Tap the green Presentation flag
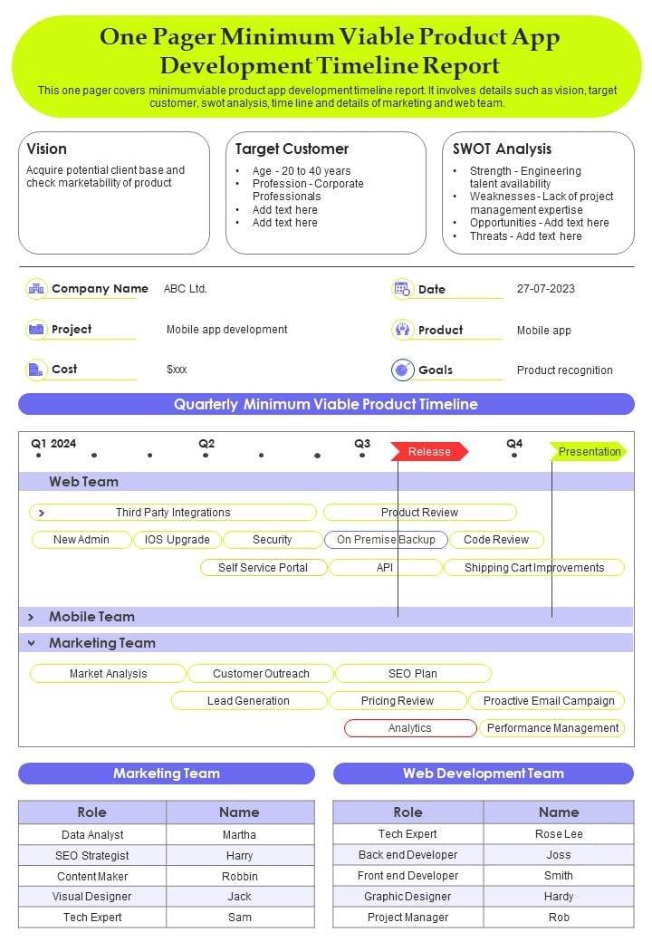point(589,451)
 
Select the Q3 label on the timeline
point(362,444)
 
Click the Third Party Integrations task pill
point(173,513)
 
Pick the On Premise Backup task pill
point(386,540)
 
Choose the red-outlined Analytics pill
point(410,728)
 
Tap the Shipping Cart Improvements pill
point(534,568)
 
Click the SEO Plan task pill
point(413,674)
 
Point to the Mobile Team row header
point(91,617)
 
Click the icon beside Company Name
point(36,289)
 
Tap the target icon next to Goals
point(402,370)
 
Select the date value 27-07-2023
point(546,289)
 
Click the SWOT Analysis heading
point(502,149)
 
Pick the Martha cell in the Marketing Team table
point(239,835)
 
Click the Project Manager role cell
point(407,918)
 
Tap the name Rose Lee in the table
point(559,834)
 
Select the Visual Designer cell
point(91,897)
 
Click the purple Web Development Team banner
point(484,774)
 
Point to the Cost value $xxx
point(177,370)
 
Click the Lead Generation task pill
point(248,701)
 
